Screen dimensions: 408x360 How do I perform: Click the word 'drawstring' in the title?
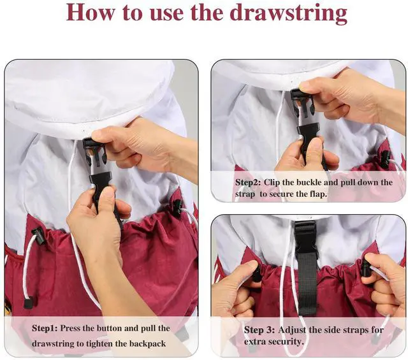[x=289, y=13]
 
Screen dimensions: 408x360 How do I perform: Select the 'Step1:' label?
[x=45, y=328]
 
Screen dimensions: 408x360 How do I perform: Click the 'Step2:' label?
[x=248, y=182]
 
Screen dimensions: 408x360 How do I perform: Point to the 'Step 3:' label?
[x=259, y=330]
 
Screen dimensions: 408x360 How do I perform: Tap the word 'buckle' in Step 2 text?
[x=309, y=182]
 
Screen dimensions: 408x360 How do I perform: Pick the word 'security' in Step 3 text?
[x=290, y=342]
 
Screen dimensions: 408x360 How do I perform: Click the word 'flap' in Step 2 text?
[x=318, y=194]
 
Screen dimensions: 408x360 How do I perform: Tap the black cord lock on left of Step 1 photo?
[x=38, y=236]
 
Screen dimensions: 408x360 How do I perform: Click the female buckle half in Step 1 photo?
[x=95, y=152]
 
